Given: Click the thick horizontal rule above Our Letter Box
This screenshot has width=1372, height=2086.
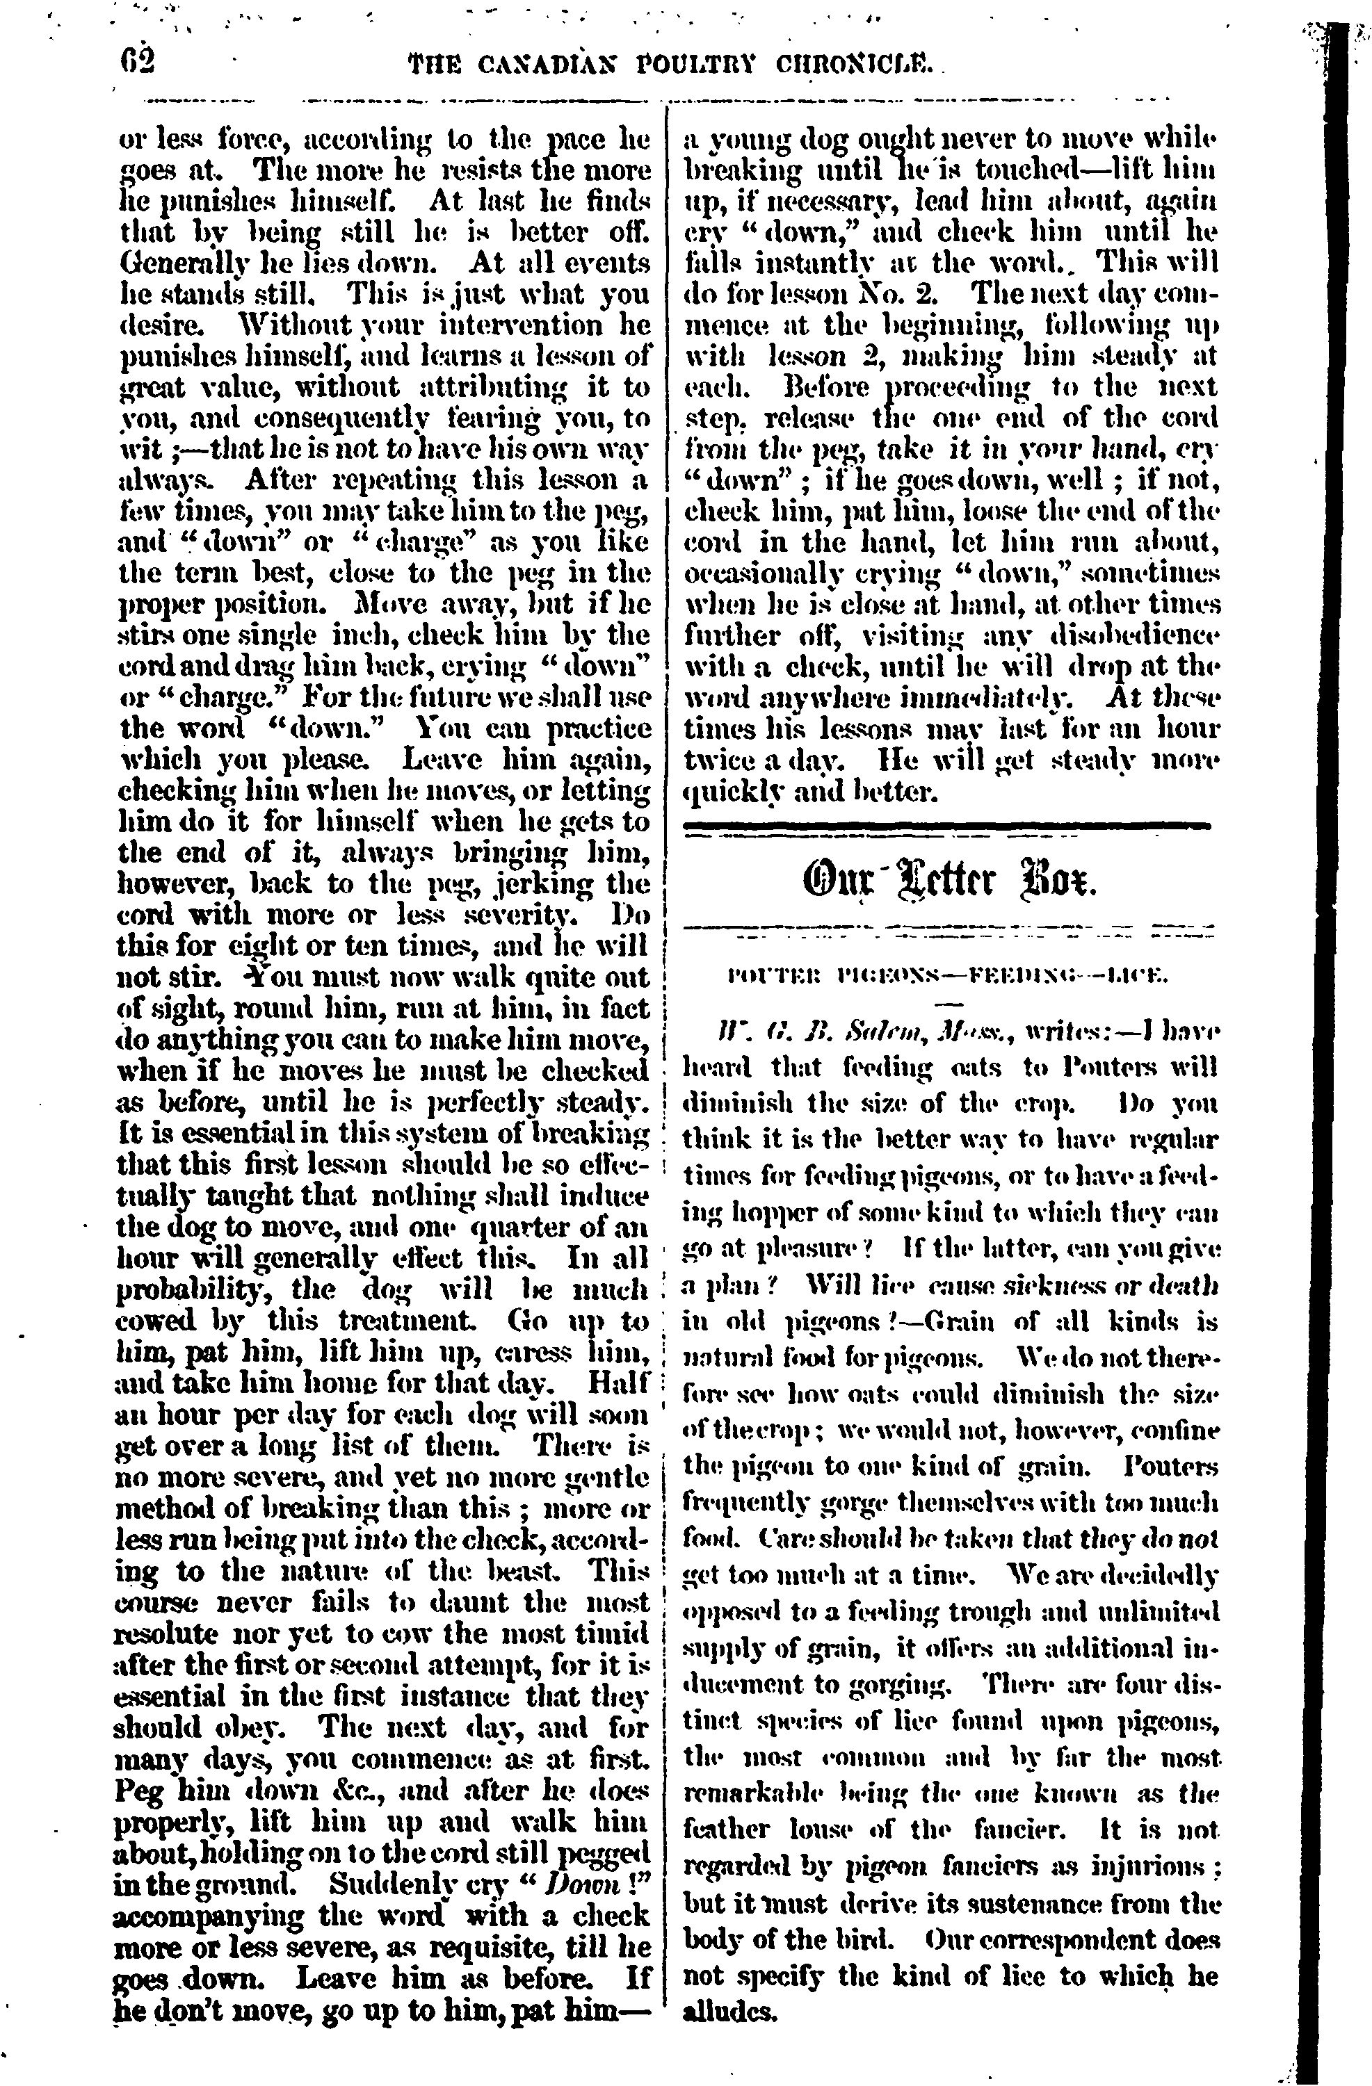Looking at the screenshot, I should (x=947, y=826).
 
